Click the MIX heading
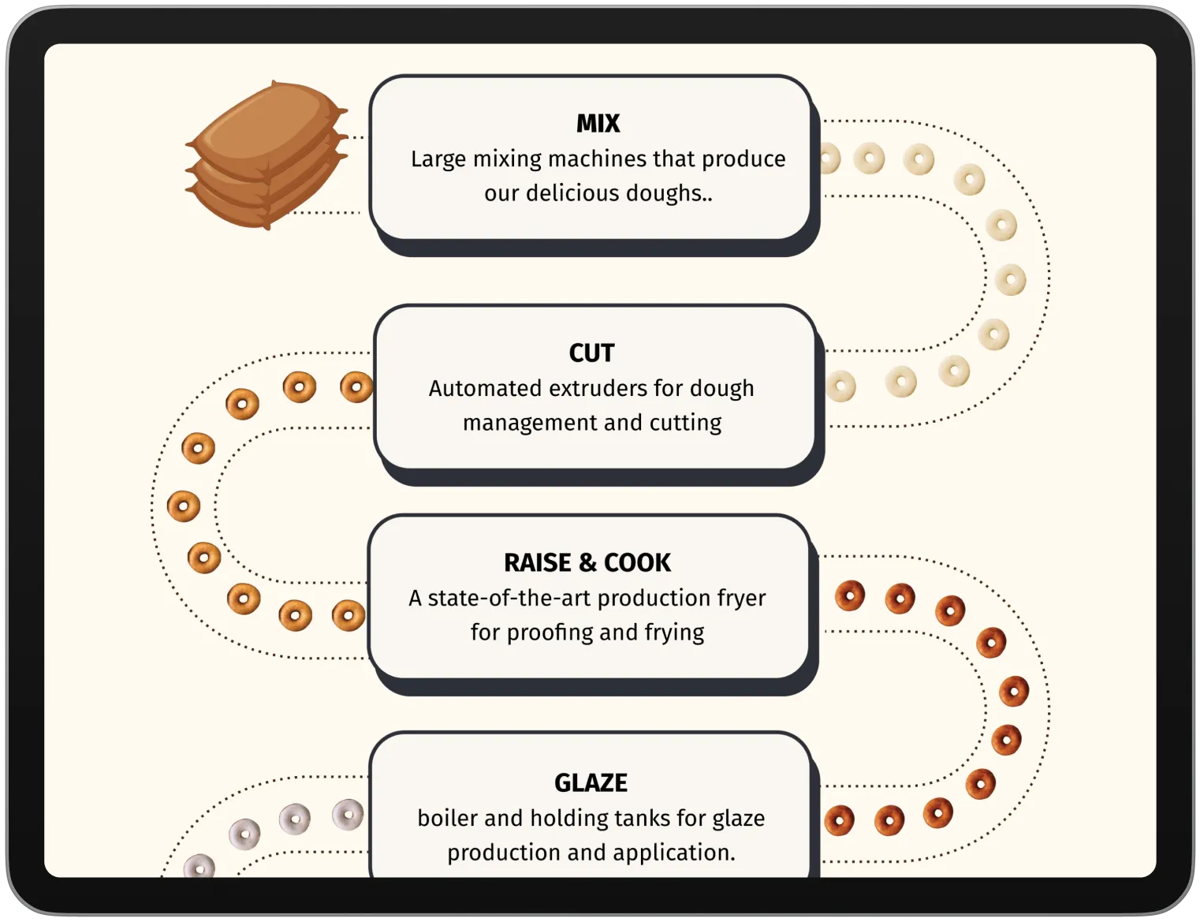click(598, 124)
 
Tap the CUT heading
click(591, 353)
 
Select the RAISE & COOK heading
click(587, 563)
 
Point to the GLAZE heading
click(591, 783)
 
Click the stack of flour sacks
click(266, 155)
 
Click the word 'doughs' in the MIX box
click(669, 193)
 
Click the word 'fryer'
click(741, 599)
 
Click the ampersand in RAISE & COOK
click(587, 563)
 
